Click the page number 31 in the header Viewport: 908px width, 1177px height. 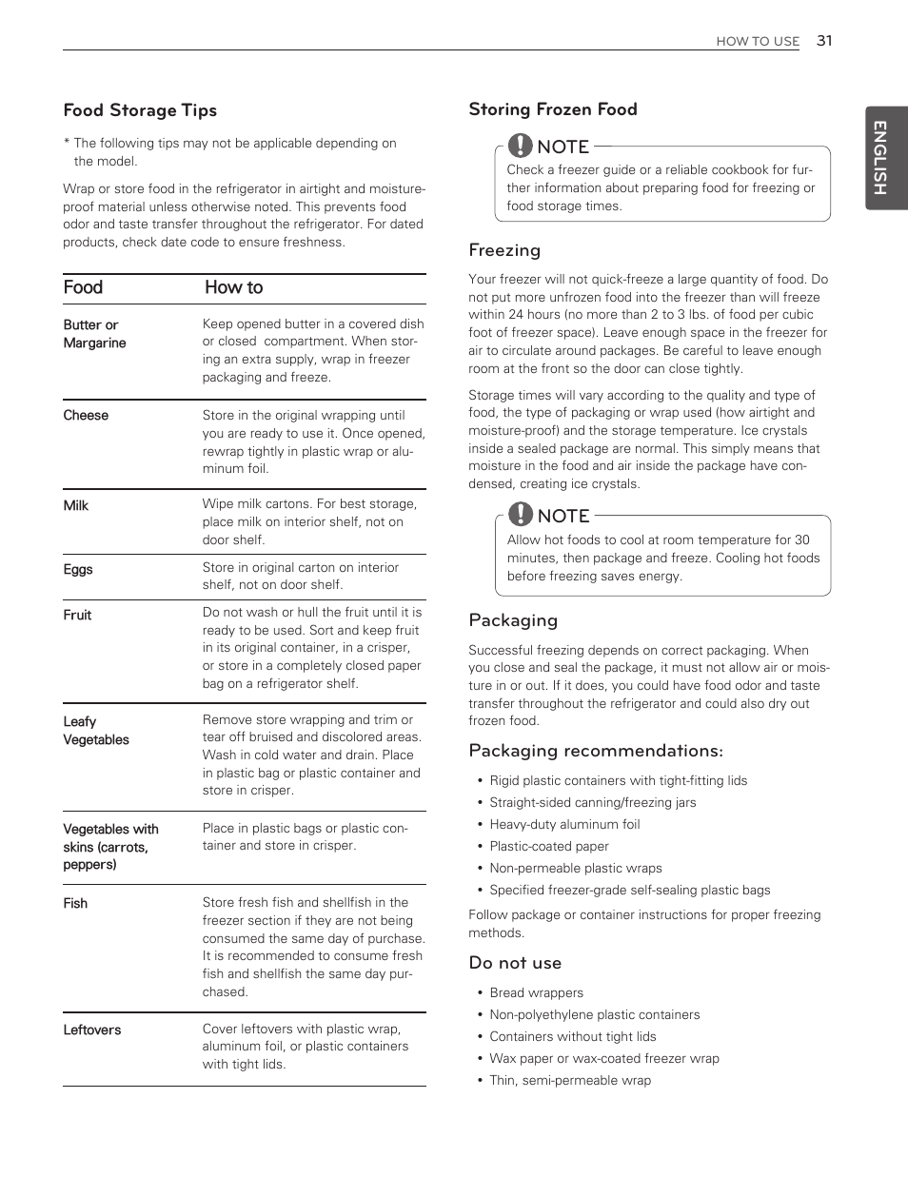point(823,41)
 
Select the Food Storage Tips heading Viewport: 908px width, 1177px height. point(140,110)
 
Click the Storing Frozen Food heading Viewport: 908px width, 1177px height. point(552,109)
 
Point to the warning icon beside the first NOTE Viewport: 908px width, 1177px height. point(520,146)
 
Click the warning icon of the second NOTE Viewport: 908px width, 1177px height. point(520,515)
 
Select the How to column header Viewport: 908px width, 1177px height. point(233,287)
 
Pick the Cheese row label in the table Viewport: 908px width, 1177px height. point(86,416)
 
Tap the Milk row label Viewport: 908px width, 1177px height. point(76,505)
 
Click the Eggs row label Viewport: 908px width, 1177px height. point(78,569)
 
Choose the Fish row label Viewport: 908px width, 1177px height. point(75,903)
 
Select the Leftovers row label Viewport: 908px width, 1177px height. point(92,1030)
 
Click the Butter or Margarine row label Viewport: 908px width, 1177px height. point(94,334)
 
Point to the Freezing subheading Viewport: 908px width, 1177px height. point(504,250)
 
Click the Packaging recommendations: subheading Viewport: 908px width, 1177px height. point(596,751)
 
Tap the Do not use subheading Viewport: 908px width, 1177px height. point(515,963)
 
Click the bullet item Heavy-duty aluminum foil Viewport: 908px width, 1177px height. point(564,824)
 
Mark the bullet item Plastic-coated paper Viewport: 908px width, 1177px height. point(549,846)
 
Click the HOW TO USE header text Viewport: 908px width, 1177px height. point(758,42)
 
